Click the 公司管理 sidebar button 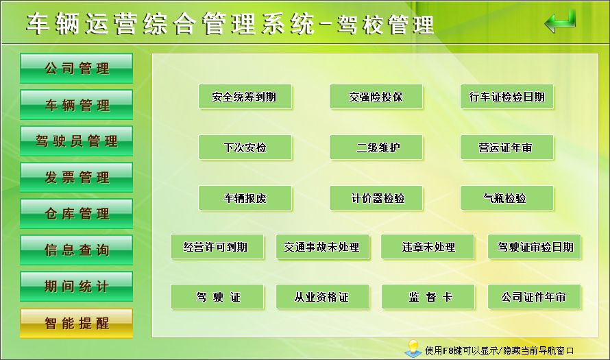(76, 68)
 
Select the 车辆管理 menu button (76, 105)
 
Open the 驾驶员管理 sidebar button (76, 141)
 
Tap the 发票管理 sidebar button (76, 177)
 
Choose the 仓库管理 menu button (76, 213)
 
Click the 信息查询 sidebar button (76, 250)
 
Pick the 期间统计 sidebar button (76, 287)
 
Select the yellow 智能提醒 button (76, 323)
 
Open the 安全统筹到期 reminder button (245, 97)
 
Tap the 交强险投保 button (376, 97)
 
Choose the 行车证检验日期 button (507, 97)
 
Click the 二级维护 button (376, 147)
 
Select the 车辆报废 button (245, 198)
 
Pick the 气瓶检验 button (507, 198)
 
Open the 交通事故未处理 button (322, 247)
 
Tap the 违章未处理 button (428, 247)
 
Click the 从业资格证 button (323, 297)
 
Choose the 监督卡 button (428, 297)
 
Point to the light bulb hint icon (413, 349)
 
